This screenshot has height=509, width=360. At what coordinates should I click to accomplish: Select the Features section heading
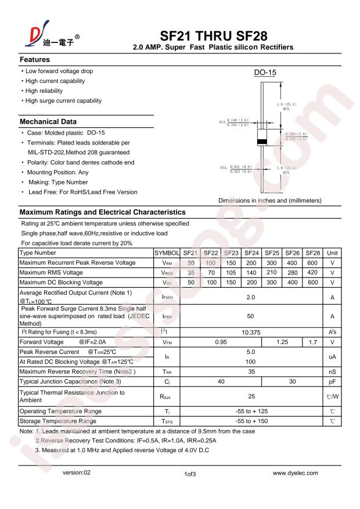click(x=35, y=60)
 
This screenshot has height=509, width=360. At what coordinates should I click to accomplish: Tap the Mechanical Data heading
click(x=48, y=122)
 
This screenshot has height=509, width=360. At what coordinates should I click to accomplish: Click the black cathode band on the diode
click(x=262, y=142)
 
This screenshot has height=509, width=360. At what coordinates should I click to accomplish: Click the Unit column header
click(x=333, y=253)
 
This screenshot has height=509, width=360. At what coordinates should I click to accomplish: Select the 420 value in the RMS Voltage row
click(x=312, y=272)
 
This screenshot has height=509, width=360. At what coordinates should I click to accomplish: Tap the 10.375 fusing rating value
click(x=251, y=332)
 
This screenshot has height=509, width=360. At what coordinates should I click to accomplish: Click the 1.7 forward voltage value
click(x=312, y=342)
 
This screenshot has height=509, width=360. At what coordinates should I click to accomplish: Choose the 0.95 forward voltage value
click(x=221, y=342)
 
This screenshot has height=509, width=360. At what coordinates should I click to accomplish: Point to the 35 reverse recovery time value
click(x=251, y=371)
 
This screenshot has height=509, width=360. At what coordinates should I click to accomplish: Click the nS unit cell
click(x=333, y=371)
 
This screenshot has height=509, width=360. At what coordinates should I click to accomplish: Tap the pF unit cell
click(x=333, y=382)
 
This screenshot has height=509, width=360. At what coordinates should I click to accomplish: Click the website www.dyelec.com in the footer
click(x=295, y=473)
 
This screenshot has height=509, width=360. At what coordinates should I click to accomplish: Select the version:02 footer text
click(x=77, y=473)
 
